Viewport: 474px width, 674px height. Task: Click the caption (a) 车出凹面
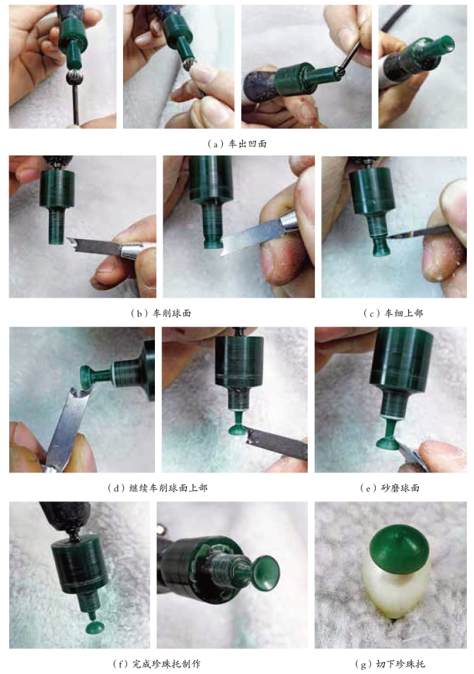click(x=237, y=144)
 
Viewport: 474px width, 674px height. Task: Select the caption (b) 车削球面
click(x=161, y=313)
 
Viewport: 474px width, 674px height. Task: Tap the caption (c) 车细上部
click(x=393, y=313)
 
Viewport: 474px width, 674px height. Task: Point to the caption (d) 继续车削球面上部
click(x=158, y=487)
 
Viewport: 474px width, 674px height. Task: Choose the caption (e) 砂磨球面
click(x=390, y=487)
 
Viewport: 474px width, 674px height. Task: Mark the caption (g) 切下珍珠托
click(x=390, y=663)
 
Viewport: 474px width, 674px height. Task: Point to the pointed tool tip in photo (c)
click(x=388, y=236)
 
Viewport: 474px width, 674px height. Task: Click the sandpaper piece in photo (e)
click(x=411, y=456)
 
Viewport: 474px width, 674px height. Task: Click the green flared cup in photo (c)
click(x=378, y=245)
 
